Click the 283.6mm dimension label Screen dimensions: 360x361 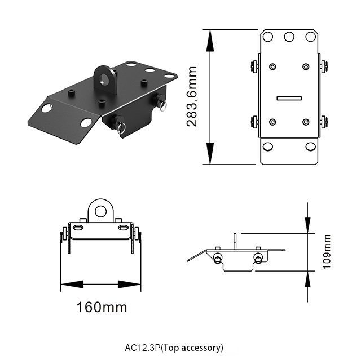tap(192, 96)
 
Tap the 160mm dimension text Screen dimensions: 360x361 tap(102, 308)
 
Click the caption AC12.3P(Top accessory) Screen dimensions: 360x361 tap(174, 347)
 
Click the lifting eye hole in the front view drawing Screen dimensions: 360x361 tap(101, 211)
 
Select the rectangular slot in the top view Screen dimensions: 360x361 tap(289, 97)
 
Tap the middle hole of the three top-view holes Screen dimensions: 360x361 tap(289, 37)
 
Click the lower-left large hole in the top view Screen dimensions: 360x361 tap(268, 146)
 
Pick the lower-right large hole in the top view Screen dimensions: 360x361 tap(311, 146)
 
